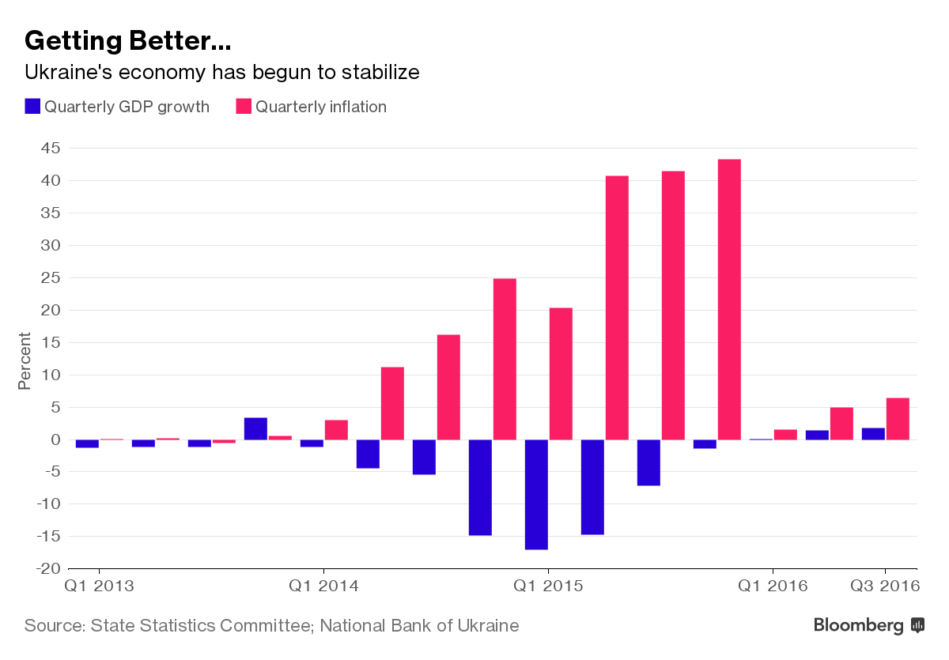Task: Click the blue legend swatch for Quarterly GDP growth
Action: coord(32,106)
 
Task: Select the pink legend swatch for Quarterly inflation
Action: coord(244,106)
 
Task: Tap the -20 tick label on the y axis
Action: coord(48,568)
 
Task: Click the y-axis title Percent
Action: coord(25,361)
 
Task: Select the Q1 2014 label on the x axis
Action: coord(323,586)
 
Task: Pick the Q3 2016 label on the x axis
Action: coord(885,586)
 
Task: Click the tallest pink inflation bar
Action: coord(729,300)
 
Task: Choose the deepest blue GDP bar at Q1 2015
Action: coord(536,494)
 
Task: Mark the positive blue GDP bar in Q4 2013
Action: coord(255,428)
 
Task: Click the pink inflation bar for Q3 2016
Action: coord(898,419)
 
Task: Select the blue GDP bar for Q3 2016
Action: coord(873,434)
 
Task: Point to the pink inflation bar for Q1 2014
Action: coord(336,430)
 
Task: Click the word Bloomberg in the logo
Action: coord(858,626)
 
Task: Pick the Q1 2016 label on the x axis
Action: coord(773,586)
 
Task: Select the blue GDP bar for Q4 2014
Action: coord(480,488)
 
